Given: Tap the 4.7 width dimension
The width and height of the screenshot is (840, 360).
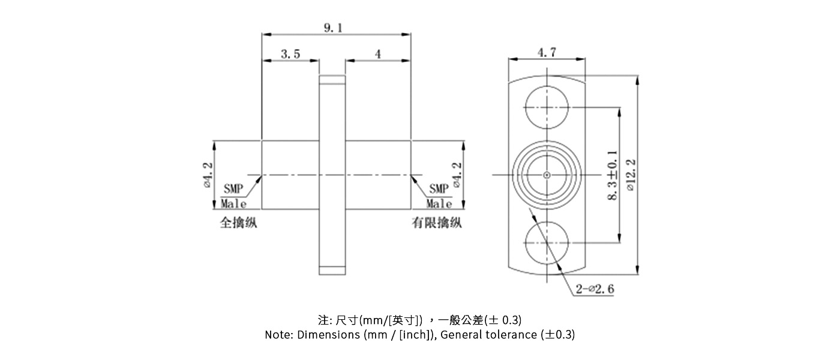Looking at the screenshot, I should [546, 52].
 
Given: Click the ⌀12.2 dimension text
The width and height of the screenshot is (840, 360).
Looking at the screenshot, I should [629, 175].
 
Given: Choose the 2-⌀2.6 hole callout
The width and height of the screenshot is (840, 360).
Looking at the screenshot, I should [595, 289].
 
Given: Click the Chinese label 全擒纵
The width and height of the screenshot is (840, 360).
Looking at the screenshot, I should [239, 223].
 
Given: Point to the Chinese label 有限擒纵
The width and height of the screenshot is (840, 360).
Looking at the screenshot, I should [436, 223].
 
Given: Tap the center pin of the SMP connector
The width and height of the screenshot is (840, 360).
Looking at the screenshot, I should [547, 175].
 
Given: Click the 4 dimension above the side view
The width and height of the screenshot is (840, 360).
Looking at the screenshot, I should [377, 54].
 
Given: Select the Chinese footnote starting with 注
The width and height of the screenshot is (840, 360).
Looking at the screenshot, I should [420, 319].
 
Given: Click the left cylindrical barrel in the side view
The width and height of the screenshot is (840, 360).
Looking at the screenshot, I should [290, 175].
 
